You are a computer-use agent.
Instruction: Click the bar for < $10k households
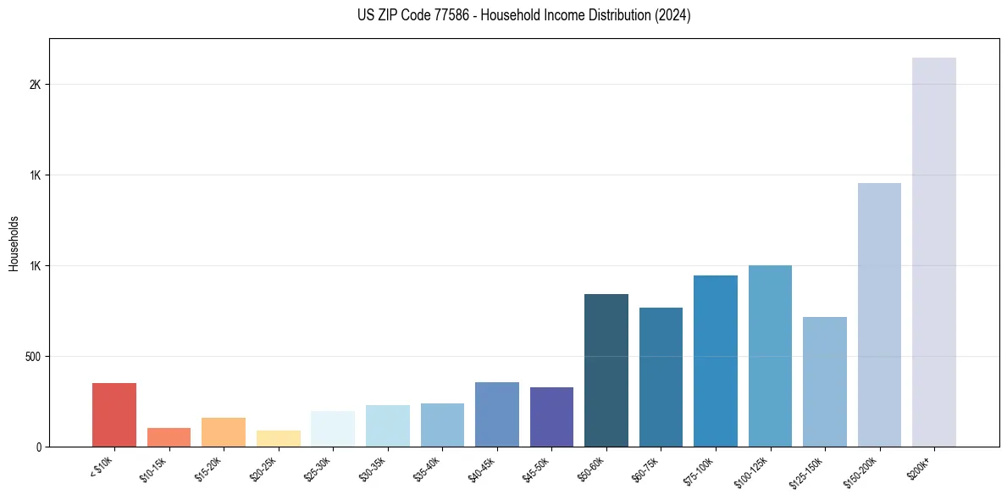click(x=113, y=414)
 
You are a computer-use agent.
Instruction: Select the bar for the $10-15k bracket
click(x=169, y=437)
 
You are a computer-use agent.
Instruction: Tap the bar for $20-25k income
click(x=278, y=438)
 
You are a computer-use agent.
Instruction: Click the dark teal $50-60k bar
click(x=606, y=370)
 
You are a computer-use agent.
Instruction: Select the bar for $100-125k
click(x=770, y=356)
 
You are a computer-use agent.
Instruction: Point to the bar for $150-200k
click(x=879, y=314)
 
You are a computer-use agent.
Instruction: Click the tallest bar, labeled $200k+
click(x=934, y=252)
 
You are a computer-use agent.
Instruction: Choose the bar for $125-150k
click(x=825, y=381)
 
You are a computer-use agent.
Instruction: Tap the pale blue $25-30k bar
click(x=333, y=429)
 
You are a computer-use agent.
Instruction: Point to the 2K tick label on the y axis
click(x=35, y=86)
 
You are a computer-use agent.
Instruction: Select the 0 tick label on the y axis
click(x=39, y=447)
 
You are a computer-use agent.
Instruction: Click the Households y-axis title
click(x=14, y=242)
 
